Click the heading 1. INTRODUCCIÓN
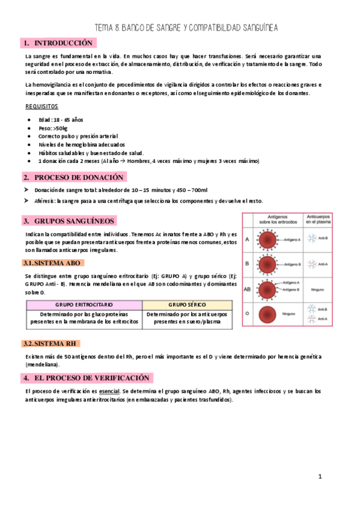coord(58,43)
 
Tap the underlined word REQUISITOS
coord(42,106)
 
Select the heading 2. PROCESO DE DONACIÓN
coord(74,177)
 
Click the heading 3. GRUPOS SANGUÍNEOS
coord(69,221)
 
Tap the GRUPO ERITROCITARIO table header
coord(84,304)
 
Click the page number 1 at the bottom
coord(320,476)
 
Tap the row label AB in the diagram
coord(247,289)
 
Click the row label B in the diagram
coord(247,263)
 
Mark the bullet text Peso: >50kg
coord(53,128)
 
